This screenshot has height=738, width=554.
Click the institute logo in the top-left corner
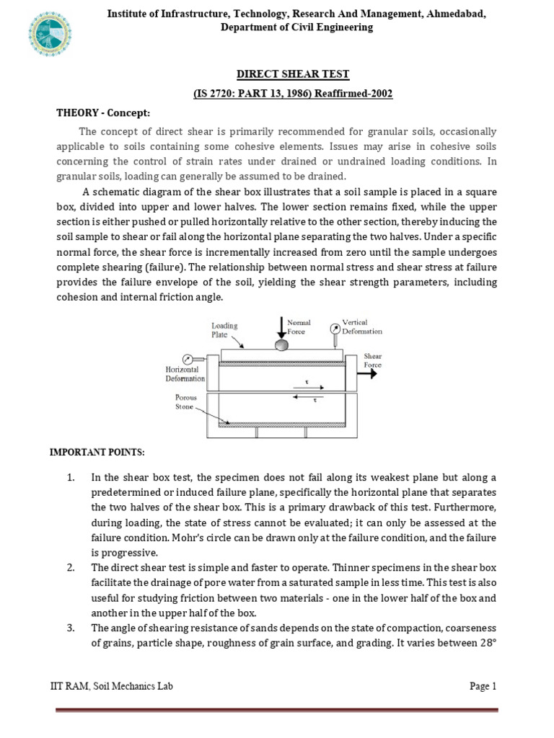[x=50, y=35]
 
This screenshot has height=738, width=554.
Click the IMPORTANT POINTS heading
[x=97, y=452]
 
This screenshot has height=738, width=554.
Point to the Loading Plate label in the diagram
[x=224, y=330]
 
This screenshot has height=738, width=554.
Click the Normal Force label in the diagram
[x=299, y=327]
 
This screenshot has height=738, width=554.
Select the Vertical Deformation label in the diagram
[x=361, y=326]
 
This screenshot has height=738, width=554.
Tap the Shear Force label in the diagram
[x=373, y=360]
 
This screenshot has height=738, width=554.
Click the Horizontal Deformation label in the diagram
[x=185, y=373]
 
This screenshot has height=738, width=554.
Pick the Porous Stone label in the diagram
[x=185, y=401]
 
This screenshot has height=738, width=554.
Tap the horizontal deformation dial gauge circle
[x=188, y=358]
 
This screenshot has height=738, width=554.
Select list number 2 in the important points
[x=71, y=568]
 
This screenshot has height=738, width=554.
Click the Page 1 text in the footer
[x=483, y=686]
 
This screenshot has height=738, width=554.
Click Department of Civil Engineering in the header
[x=296, y=27]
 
